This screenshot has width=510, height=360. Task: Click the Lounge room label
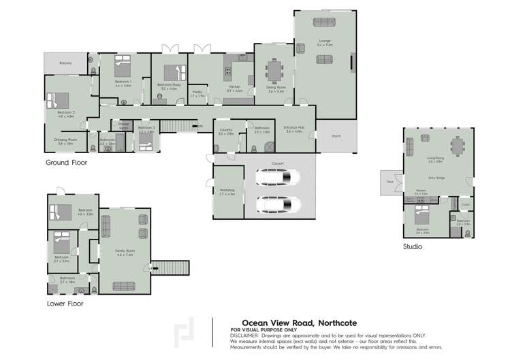[324, 42]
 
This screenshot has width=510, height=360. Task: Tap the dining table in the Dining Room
[275, 70]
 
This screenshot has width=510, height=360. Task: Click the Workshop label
[227, 191]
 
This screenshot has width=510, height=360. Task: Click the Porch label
[336, 136]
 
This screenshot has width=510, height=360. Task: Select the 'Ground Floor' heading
[66, 163]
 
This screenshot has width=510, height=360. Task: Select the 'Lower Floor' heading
[65, 304]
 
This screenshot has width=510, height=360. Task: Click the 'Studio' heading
[412, 247]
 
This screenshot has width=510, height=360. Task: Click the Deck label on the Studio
[389, 182]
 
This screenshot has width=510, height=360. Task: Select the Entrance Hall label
[293, 129]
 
